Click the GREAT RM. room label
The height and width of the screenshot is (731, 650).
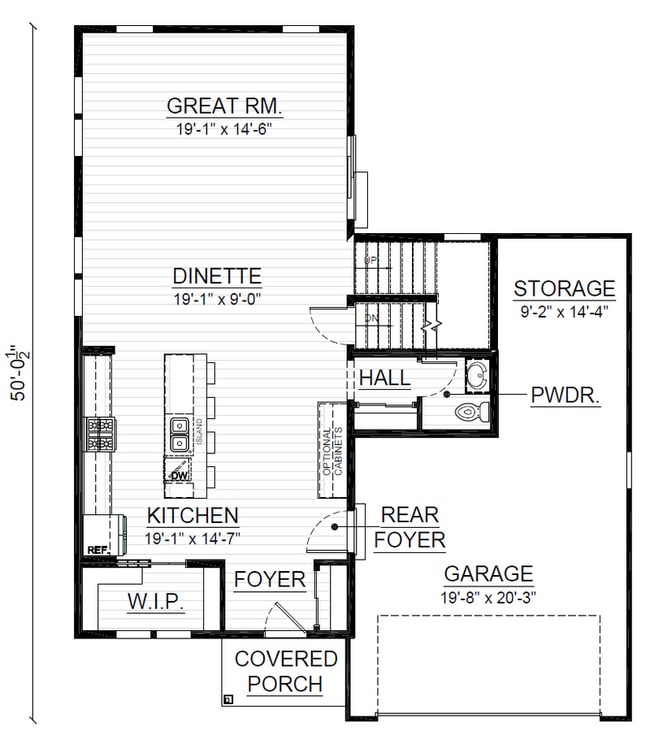pos(216,105)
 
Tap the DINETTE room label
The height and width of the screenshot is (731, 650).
pos(216,275)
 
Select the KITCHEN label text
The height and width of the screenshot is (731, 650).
pos(193,516)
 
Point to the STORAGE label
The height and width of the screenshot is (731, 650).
pos(564,289)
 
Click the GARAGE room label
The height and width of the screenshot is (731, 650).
pos(488,574)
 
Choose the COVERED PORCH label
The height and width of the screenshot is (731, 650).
pos(286,671)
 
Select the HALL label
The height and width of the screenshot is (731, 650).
pos(383,378)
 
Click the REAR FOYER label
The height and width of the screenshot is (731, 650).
pos(410,527)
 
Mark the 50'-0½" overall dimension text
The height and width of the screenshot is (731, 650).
pos(17,373)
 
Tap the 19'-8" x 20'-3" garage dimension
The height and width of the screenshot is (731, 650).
pos(488,596)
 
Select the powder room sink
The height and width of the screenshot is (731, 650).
pos(476,376)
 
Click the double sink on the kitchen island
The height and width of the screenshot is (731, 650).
pos(179,433)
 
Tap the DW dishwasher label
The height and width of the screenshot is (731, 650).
pos(179,476)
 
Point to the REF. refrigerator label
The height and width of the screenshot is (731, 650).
pos(97,549)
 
